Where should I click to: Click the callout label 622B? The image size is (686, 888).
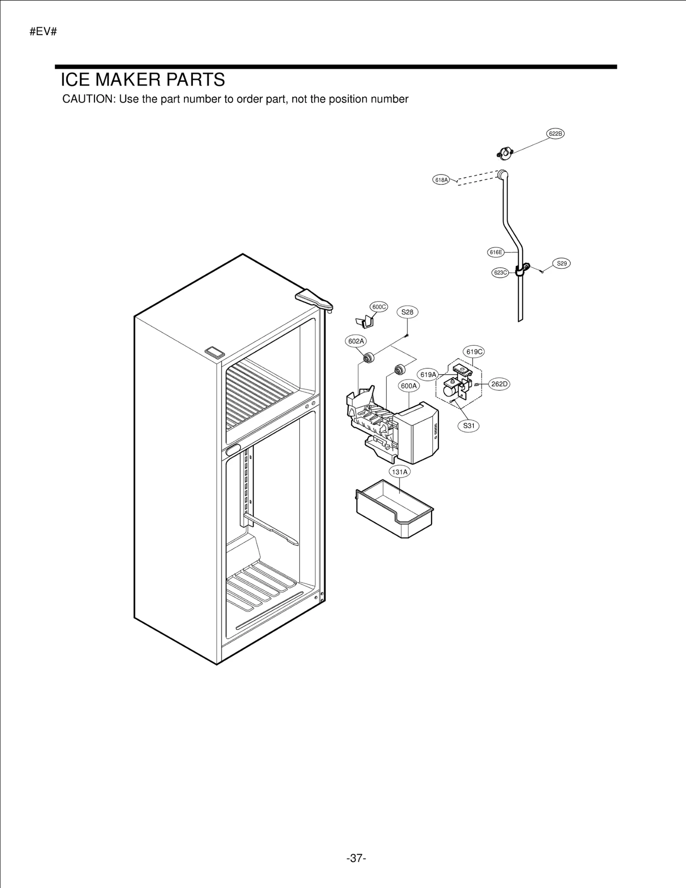555,134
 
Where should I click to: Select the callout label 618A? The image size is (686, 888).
441,180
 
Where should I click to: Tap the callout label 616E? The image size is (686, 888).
496,252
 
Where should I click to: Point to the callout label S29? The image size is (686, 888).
562,263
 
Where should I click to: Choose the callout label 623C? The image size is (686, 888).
500,272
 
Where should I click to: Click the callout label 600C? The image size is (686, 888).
379,307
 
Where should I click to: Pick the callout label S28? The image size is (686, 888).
407,312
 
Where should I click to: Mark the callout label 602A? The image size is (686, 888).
356,341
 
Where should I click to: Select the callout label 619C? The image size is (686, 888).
474,352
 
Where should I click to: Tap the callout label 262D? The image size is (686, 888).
499,384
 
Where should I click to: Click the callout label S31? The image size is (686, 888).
469,426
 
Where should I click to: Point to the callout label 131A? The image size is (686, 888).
400,472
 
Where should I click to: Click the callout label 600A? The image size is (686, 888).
409,386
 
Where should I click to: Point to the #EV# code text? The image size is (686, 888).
43,32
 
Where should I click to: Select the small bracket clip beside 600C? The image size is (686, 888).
365,321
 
